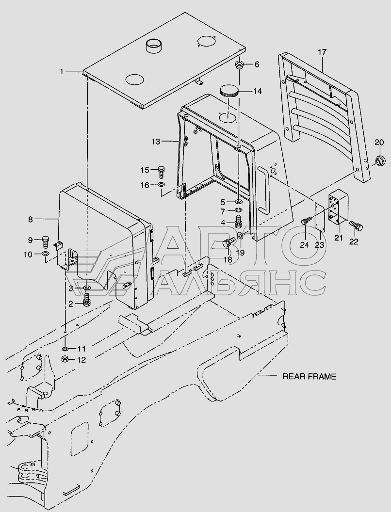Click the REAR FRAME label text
(x=310, y=376)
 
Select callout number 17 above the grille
(x=323, y=52)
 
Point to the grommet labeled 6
(x=240, y=66)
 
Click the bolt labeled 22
(x=357, y=226)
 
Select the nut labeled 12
(x=64, y=359)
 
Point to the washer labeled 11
(x=65, y=349)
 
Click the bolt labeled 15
(x=162, y=170)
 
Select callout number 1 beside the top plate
(x=62, y=72)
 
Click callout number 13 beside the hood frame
(x=155, y=142)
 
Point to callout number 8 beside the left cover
(x=31, y=219)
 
